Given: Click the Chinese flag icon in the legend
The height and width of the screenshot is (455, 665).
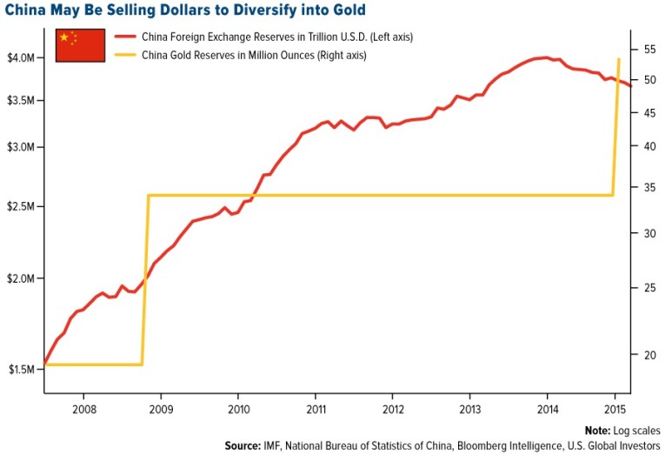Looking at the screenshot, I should point(80,45).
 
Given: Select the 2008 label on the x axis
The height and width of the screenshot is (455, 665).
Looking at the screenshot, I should point(83,409).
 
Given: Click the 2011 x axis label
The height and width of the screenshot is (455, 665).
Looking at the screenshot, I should point(316,409).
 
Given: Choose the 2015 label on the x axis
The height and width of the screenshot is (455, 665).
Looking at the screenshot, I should point(615,409).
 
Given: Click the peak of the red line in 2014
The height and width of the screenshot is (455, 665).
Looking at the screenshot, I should point(544,57).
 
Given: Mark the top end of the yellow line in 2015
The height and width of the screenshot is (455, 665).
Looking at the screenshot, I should point(618,59).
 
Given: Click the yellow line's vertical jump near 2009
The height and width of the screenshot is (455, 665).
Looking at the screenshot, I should point(145,278).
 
